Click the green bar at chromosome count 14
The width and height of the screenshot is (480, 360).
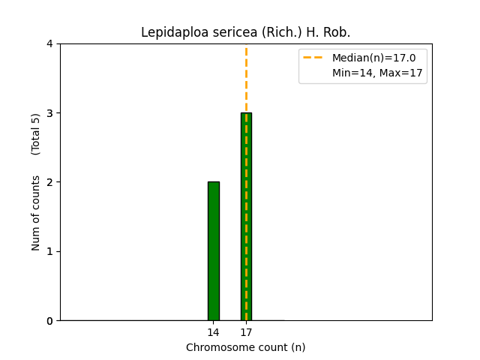click(x=214, y=250)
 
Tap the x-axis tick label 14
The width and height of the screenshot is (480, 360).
click(x=214, y=332)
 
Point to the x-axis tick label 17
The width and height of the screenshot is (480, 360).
click(x=246, y=332)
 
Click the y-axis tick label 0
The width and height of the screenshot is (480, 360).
click(x=50, y=321)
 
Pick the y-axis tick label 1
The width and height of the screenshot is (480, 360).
click(x=50, y=251)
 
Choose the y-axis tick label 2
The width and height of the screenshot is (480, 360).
click(x=50, y=182)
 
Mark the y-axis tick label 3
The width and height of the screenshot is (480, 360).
click(x=50, y=113)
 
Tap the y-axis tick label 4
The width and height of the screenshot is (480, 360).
click(x=50, y=43)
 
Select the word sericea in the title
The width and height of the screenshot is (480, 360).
click(x=224, y=33)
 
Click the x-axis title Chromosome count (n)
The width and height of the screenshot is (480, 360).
click(x=246, y=347)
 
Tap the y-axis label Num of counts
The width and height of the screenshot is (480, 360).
click(x=36, y=214)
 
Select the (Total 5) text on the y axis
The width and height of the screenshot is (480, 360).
click(x=36, y=134)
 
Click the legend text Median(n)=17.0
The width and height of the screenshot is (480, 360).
click(x=373, y=58)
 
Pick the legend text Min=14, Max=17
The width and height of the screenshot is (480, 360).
click(x=377, y=73)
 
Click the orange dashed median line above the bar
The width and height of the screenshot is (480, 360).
click(x=246, y=79)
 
